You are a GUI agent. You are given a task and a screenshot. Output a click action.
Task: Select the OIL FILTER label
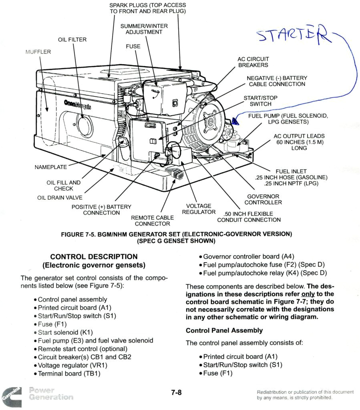[72, 40]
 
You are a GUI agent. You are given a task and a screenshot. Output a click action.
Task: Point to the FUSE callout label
[133, 46]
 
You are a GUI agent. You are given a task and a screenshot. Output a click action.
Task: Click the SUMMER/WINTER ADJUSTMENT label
[144, 29]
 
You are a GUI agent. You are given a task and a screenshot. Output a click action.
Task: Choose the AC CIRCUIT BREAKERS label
[253, 62]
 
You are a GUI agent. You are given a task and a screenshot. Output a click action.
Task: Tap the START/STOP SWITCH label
[260, 101]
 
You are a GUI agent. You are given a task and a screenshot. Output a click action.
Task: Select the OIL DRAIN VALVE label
[60, 197]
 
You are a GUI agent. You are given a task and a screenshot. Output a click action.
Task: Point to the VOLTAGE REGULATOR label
[199, 209]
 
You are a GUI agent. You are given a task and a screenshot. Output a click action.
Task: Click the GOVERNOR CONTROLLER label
[263, 199]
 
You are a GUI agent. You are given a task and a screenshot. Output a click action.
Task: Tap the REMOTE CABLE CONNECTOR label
[152, 221]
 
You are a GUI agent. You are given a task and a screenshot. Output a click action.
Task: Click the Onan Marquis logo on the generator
[77, 105]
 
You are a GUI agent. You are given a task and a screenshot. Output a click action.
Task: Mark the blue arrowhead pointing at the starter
[235, 119]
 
